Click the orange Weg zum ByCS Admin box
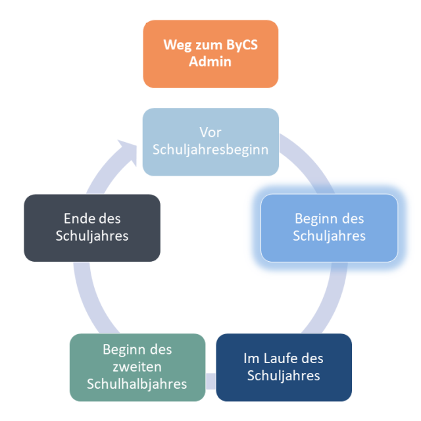[210, 54]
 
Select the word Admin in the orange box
[210, 61]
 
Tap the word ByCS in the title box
[241, 45]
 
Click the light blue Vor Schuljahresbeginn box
[210, 142]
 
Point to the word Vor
[210, 132]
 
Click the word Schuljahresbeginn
[210, 150]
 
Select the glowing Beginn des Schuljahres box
[329, 228]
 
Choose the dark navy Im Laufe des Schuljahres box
[284, 368]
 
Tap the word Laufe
[280, 359]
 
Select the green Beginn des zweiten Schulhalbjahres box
[137, 368]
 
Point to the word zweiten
[137, 367]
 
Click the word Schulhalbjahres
[137, 384]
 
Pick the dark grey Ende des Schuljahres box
[92, 228]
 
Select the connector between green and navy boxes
[210, 381]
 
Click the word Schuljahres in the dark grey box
[92, 236]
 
